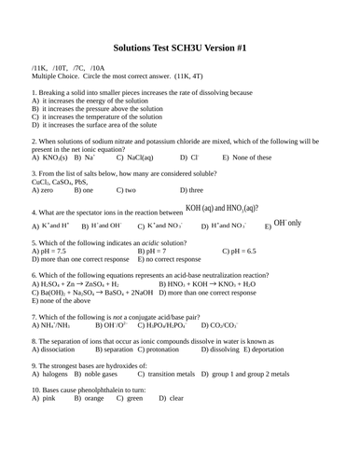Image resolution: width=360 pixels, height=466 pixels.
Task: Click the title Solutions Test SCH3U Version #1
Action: click(179, 45)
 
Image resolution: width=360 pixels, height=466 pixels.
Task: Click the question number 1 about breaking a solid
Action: click(34, 93)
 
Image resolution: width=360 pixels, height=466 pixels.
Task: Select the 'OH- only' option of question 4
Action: click(285, 225)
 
